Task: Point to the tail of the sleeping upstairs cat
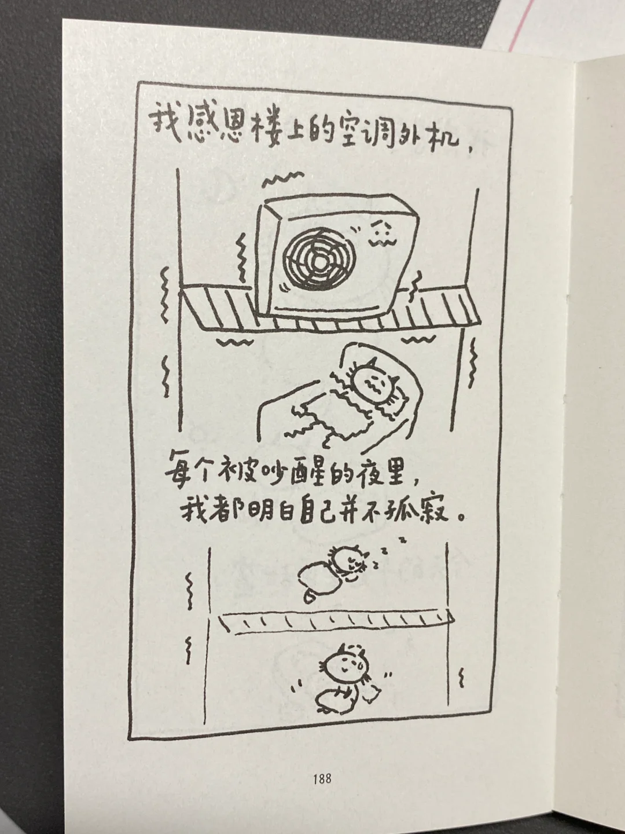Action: point(311,597)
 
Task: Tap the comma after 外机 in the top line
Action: point(471,149)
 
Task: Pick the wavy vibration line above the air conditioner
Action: point(284,178)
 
